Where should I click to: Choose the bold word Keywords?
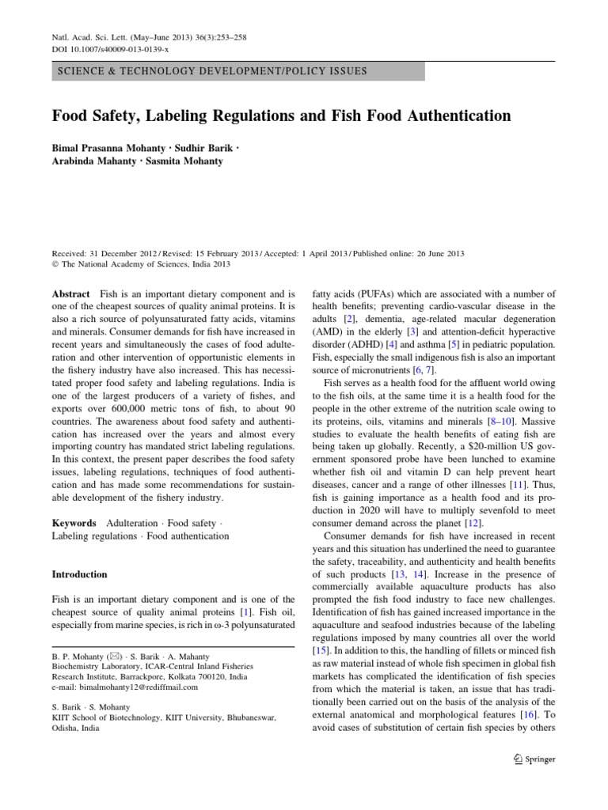coord(74,523)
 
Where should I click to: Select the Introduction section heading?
coord(80,574)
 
